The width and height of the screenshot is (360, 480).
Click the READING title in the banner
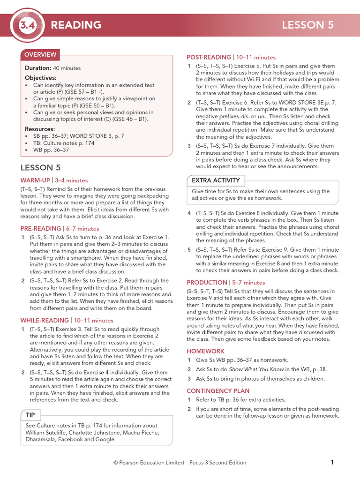(76, 25)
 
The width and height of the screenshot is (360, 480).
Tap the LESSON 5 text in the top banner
(307, 25)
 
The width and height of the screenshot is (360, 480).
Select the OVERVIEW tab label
(40, 55)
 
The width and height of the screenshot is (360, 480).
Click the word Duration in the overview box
(38, 68)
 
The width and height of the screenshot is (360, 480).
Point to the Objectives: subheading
(40, 78)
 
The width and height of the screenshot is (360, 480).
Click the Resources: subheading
(40, 129)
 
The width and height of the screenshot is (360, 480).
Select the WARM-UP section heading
(35, 180)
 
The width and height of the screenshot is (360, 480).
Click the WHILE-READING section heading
(45, 321)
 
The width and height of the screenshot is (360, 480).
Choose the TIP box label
(30, 415)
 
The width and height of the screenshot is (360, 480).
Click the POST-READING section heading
(209, 57)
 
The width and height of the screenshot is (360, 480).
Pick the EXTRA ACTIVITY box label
(215, 180)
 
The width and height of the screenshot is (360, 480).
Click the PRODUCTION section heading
(207, 283)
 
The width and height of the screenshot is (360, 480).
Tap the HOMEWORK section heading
(205, 351)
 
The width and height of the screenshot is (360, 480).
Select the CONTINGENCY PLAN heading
(218, 391)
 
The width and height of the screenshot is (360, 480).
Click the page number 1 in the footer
(332, 463)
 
